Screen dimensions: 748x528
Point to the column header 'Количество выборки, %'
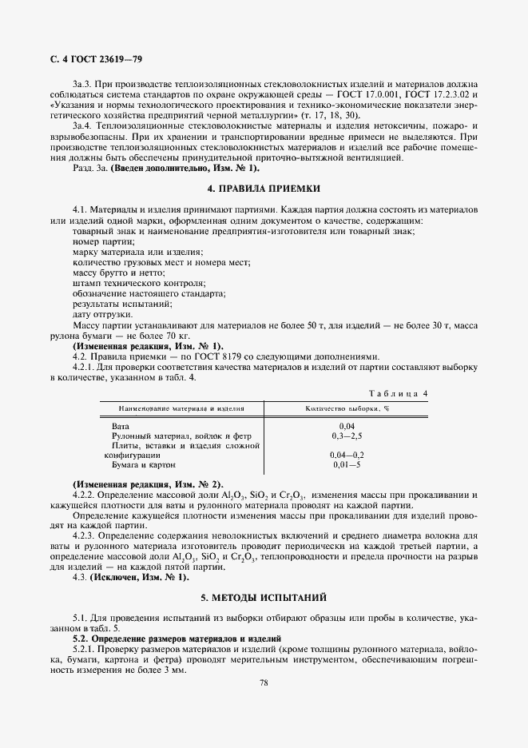[347, 408]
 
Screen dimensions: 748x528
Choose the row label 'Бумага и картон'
[143, 464]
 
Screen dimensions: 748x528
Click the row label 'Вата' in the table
[121, 427]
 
